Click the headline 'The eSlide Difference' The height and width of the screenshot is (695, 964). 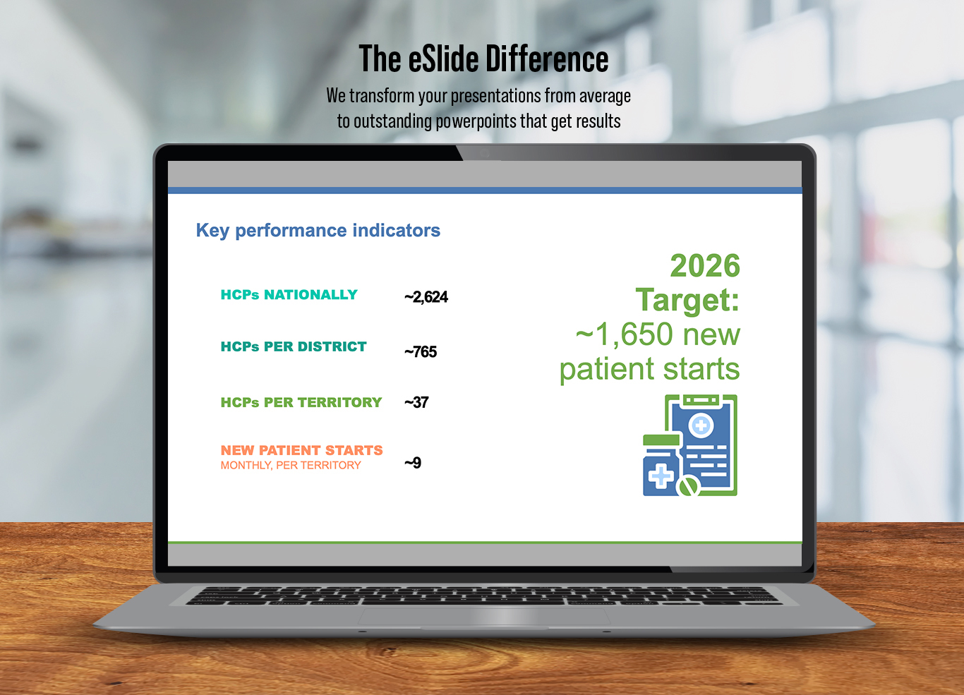[x=483, y=59]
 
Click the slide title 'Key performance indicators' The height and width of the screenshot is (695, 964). [x=318, y=231]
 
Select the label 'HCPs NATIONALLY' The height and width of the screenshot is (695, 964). [x=289, y=295]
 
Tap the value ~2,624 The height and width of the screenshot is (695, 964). [x=426, y=297]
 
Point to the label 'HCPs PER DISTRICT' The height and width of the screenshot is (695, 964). [x=294, y=346]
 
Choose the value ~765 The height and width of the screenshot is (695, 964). [x=421, y=352]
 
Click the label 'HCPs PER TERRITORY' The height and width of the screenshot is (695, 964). [x=301, y=402]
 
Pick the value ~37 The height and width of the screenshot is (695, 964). [x=416, y=402]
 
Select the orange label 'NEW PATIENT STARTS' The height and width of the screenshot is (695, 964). [x=301, y=450]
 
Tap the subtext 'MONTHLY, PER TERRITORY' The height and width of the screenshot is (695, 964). [x=291, y=465]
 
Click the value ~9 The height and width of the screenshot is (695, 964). [x=413, y=463]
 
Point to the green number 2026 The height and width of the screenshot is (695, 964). [x=705, y=265]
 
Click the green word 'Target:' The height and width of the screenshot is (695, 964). [x=687, y=300]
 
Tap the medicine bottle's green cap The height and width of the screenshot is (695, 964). [x=661, y=440]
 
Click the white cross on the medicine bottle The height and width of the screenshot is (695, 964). [x=661, y=476]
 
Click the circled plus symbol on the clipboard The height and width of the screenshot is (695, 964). [x=701, y=426]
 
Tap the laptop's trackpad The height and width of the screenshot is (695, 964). [x=484, y=616]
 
